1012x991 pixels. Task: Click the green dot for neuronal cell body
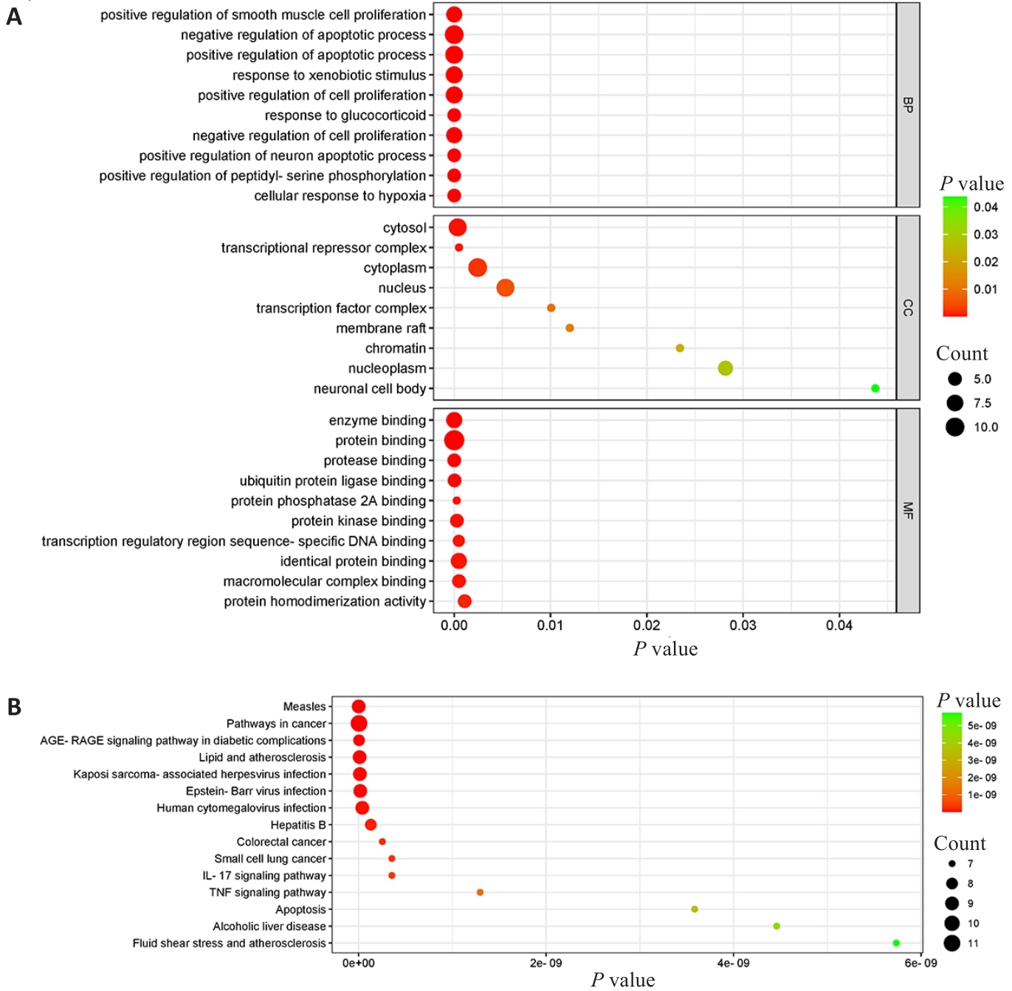(x=875, y=388)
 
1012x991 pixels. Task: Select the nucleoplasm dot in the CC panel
(x=725, y=368)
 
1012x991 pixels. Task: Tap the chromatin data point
(x=680, y=348)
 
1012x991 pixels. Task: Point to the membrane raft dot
(x=569, y=328)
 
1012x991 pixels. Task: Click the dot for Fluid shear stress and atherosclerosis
(x=895, y=943)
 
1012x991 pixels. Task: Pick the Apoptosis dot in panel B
(x=694, y=909)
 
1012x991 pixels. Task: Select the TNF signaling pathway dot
(x=480, y=893)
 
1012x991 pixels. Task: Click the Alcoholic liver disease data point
(x=776, y=926)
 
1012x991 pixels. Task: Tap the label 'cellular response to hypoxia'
(x=340, y=196)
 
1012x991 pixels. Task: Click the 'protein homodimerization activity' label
(x=325, y=602)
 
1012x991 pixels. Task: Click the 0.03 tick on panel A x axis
(x=743, y=625)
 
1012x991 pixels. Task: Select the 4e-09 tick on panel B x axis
(x=733, y=963)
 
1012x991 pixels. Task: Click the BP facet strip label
(x=908, y=105)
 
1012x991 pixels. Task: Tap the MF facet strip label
(x=908, y=510)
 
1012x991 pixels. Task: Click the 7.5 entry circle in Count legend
(x=954, y=403)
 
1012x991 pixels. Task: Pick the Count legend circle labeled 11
(x=951, y=943)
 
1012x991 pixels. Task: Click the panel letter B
(x=14, y=707)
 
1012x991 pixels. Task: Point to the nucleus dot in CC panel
(x=505, y=288)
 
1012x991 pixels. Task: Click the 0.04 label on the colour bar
(x=985, y=208)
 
